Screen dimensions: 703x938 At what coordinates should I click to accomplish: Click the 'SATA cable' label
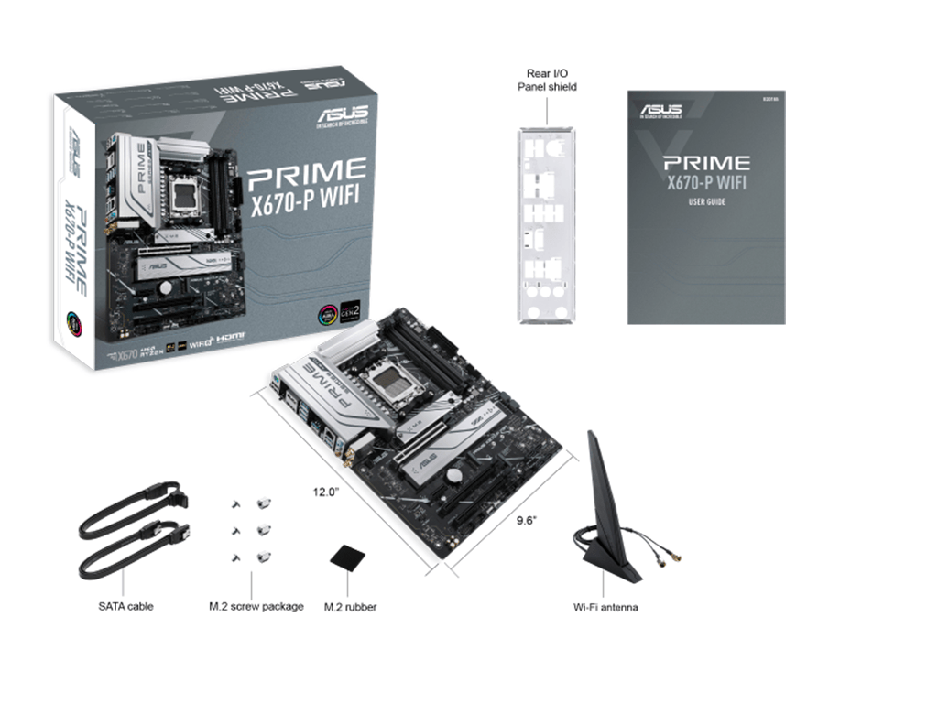125,606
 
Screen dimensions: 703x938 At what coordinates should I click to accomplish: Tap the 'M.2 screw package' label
256,606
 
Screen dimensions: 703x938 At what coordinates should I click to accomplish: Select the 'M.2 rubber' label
350,607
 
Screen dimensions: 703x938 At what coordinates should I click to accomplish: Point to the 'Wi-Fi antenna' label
605,607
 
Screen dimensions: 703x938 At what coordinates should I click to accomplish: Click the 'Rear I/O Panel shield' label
547,80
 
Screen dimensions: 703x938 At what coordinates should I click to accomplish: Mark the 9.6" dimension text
526,520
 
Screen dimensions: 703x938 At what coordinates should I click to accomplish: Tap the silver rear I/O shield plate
547,224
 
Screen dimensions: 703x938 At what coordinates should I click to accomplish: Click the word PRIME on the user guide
707,163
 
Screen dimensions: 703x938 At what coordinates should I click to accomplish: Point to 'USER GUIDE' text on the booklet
706,201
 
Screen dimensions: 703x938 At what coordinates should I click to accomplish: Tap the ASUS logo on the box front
342,114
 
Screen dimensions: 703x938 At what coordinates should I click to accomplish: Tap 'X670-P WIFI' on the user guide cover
706,182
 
